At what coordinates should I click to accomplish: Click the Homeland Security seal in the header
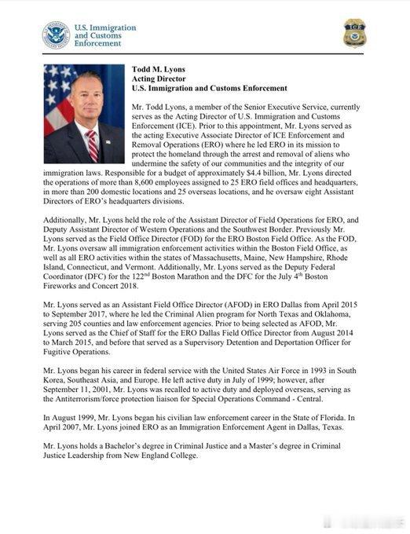coord(56,35)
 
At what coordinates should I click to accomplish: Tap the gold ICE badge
coord(353,34)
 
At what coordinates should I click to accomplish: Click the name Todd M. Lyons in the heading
coord(158,69)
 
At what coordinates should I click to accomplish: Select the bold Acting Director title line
coord(159,79)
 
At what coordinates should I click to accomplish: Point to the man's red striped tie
coord(93,144)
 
